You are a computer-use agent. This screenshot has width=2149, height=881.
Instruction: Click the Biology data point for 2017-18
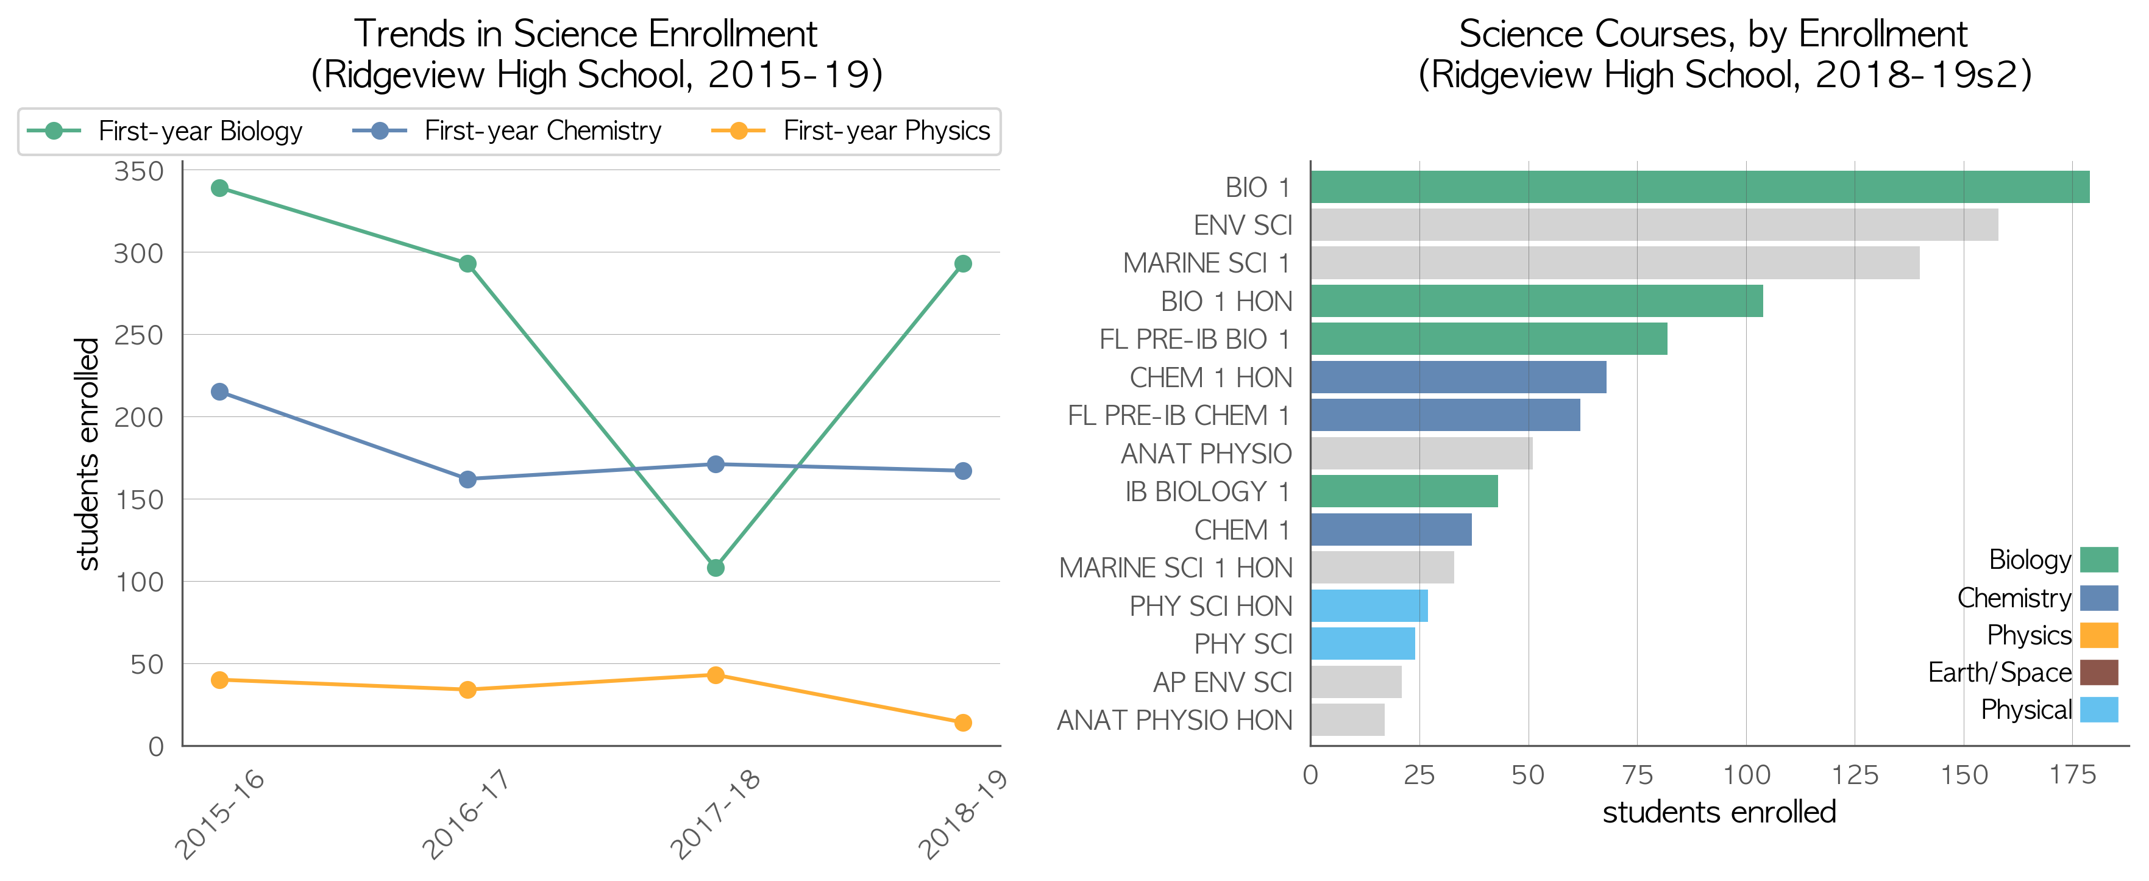(x=715, y=567)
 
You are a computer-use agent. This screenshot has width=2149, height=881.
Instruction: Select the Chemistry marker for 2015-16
(x=219, y=391)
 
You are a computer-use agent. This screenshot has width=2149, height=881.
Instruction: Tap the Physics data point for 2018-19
(x=963, y=722)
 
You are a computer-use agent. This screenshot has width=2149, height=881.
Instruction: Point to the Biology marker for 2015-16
(x=219, y=188)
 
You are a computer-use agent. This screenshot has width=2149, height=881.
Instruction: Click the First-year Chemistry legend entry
(x=506, y=131)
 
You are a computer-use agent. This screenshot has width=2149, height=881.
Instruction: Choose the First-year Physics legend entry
(x=850, y=131)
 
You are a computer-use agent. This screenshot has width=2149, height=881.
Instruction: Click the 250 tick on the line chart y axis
(x=138, y=335)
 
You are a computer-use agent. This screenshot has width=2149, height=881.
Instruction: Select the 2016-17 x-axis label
(x=466, y=813)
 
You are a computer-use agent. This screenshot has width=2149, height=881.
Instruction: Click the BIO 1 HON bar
(x=1536, y=301)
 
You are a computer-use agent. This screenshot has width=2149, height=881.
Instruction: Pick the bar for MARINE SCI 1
(x=1615, y=263)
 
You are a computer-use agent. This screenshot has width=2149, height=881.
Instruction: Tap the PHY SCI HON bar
(x=1369, y=605)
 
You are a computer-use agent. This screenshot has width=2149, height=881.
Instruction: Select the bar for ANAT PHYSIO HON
(x=1348, y=720)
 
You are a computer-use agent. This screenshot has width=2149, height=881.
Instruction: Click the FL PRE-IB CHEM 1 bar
(x=1445, y=415)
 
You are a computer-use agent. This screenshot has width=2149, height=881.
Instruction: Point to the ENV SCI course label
(x=1243, y=225)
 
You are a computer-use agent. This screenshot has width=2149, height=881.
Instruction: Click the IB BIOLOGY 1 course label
(x=1208, y=491)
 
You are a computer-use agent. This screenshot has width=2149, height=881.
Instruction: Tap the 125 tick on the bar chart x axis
(x=1855, y=775)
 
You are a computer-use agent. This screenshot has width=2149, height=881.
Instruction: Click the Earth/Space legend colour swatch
(x=2099, y=672)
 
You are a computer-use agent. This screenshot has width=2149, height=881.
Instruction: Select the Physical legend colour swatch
(x=2099, y=710)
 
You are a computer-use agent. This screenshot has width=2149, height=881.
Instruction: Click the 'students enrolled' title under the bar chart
(x=1719, y=811)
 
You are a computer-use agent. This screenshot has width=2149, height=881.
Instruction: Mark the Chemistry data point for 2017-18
(x=715, y=464)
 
